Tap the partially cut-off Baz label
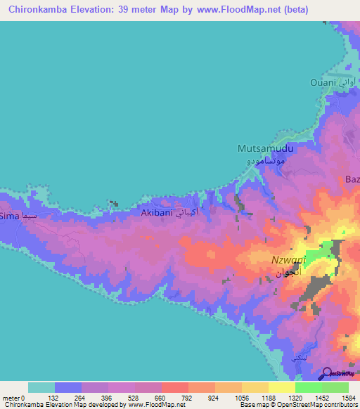(x=352, y=180)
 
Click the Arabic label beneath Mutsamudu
(x=261, y=161)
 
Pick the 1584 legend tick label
(x=348, y=397)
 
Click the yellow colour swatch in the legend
(x=281, y=387)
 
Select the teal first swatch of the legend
(x=41, y=387)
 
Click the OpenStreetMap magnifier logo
(x=326, y=375)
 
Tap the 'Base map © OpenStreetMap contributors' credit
(x=306, y=405)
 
